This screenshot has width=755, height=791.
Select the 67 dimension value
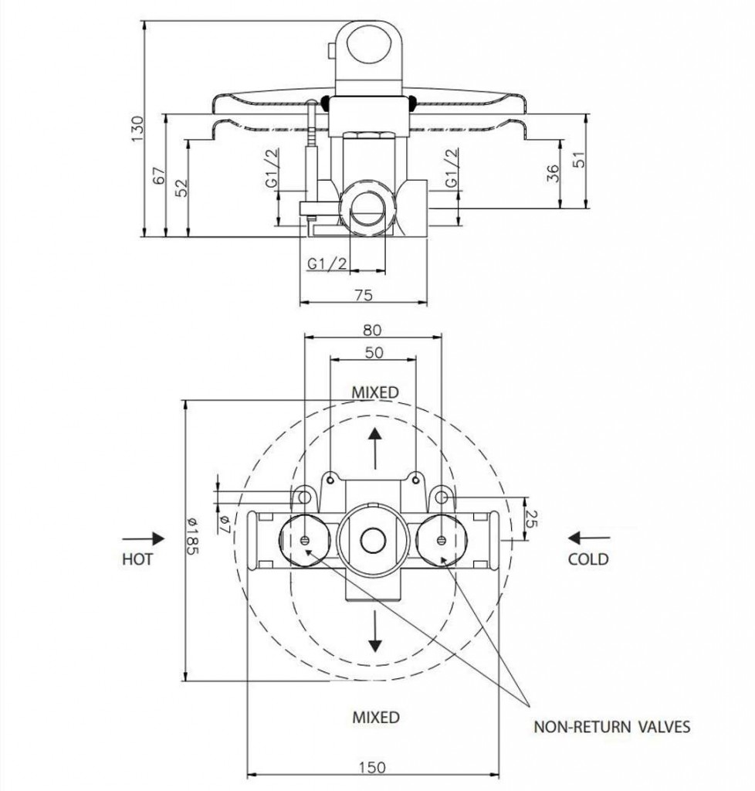(x=160, y=175)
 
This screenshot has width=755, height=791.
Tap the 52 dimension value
(x=181, y=187)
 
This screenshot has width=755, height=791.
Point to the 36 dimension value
(x=553, y=174)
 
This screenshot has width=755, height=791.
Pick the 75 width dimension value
(x=364, y=294)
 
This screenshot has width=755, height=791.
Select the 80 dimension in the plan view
(x=372, y=329)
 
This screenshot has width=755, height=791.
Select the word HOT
(x=137, y=558)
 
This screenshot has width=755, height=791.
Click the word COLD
(x=587, y=558)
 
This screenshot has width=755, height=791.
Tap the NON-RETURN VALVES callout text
(x=611, y=726)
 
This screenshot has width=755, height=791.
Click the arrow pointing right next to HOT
(x=144, y=538)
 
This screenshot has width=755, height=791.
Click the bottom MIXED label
(x=376, y=717)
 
